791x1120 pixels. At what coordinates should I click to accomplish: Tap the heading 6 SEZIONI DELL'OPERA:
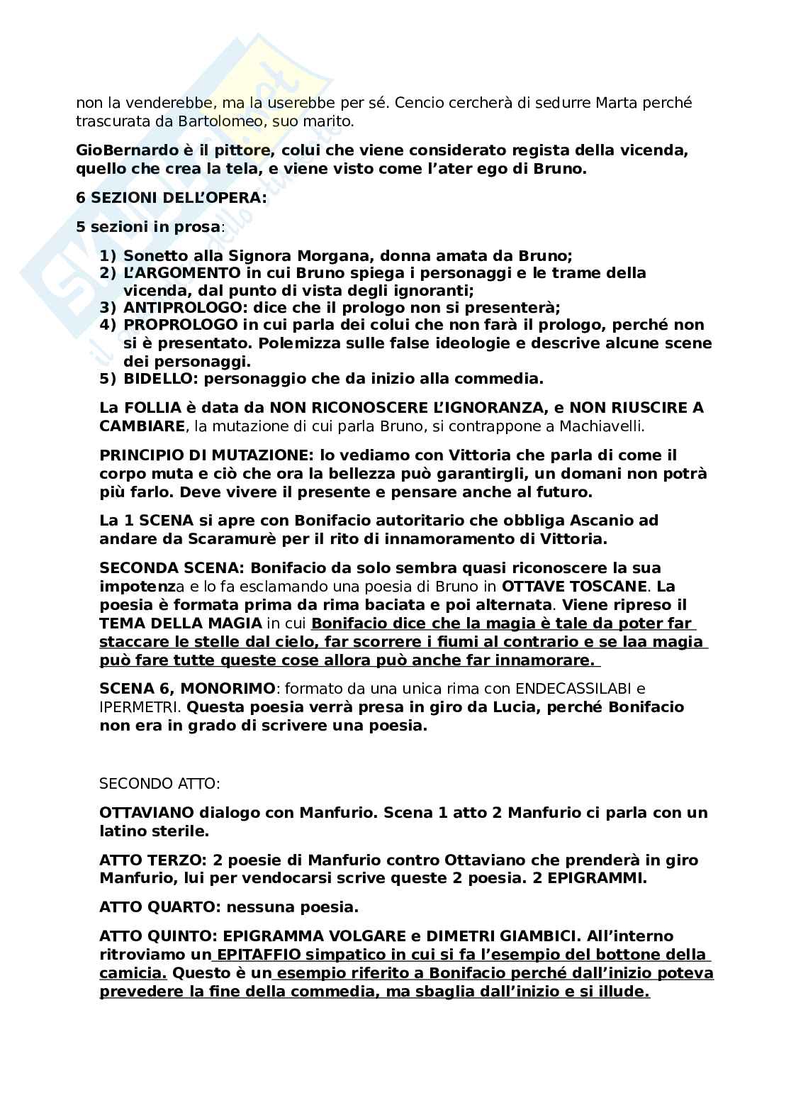(172, 199)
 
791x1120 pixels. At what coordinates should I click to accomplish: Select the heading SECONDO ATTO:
(160, 784)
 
